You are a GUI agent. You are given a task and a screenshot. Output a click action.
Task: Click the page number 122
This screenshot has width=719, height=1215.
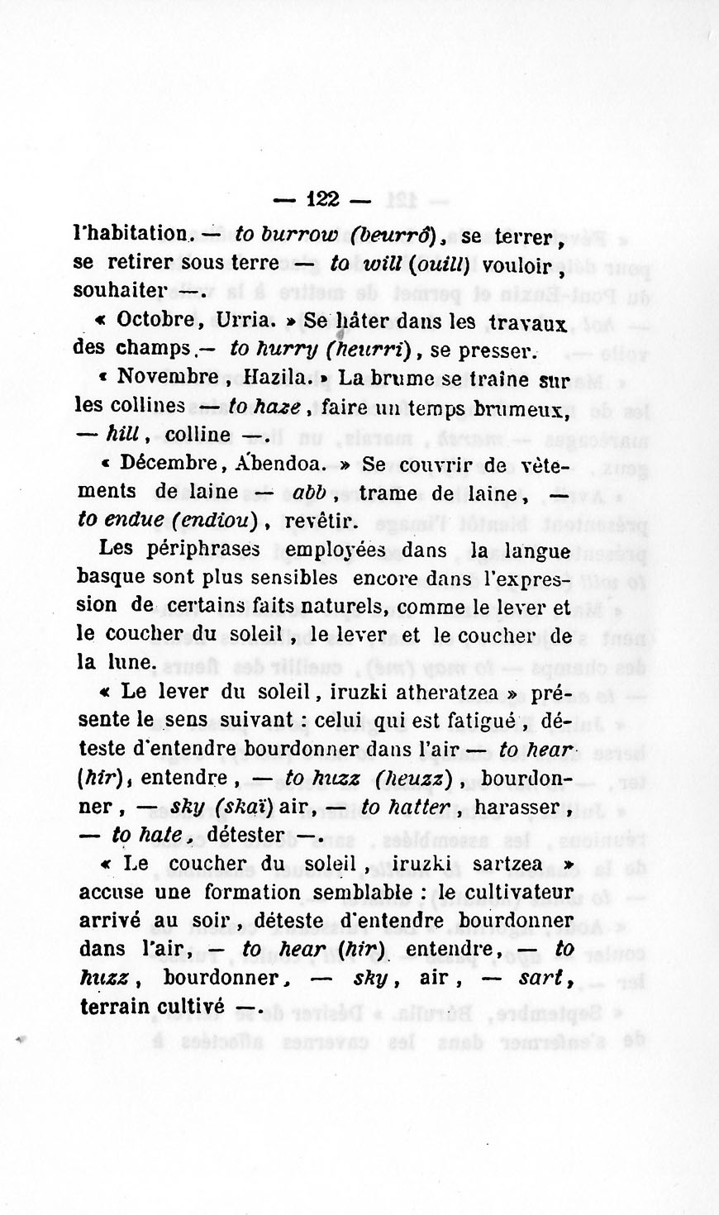(x=322, y=199)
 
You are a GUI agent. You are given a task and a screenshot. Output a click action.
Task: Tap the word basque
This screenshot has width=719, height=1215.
(x=112, y=577)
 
